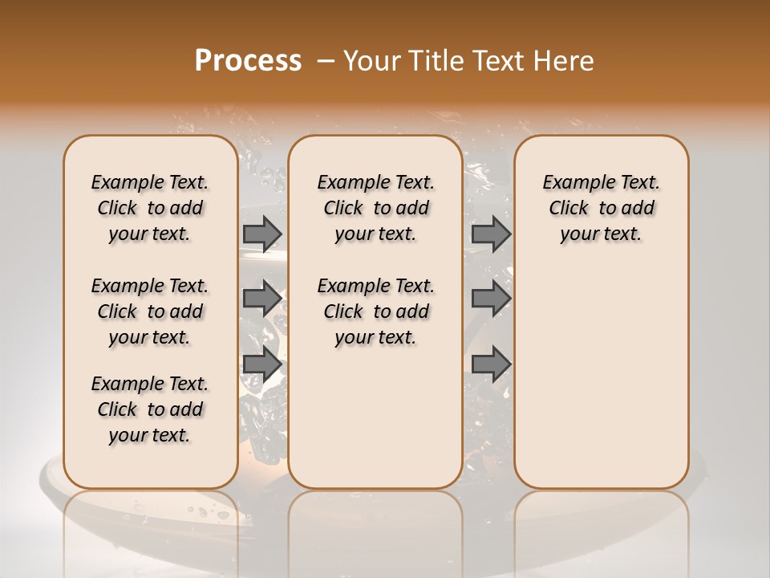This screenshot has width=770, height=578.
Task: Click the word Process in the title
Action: click(248, 61)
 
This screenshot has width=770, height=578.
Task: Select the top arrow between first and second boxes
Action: click(262, 234)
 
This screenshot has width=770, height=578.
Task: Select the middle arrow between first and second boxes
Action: click(262, 299)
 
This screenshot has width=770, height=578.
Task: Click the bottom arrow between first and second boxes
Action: click(262, 364)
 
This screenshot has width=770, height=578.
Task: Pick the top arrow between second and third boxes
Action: click(491, 234)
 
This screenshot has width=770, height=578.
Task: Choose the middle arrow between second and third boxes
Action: click(491, 299)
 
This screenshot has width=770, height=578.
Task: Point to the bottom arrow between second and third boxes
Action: click(491, 364)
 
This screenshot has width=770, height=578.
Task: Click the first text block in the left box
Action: click(150, 208)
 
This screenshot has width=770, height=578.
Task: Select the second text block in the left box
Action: click(150, 311)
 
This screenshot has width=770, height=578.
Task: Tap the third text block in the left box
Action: click(150, 409)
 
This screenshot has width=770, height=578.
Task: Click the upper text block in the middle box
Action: click(375, 208)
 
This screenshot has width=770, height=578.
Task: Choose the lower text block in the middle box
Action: click(375, 311)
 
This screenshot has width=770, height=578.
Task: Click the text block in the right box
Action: click(601, 208)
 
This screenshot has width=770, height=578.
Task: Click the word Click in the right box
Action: click(569, 209)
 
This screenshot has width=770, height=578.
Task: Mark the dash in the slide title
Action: click(325, 61)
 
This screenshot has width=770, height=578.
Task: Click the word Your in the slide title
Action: click(370, 61)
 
